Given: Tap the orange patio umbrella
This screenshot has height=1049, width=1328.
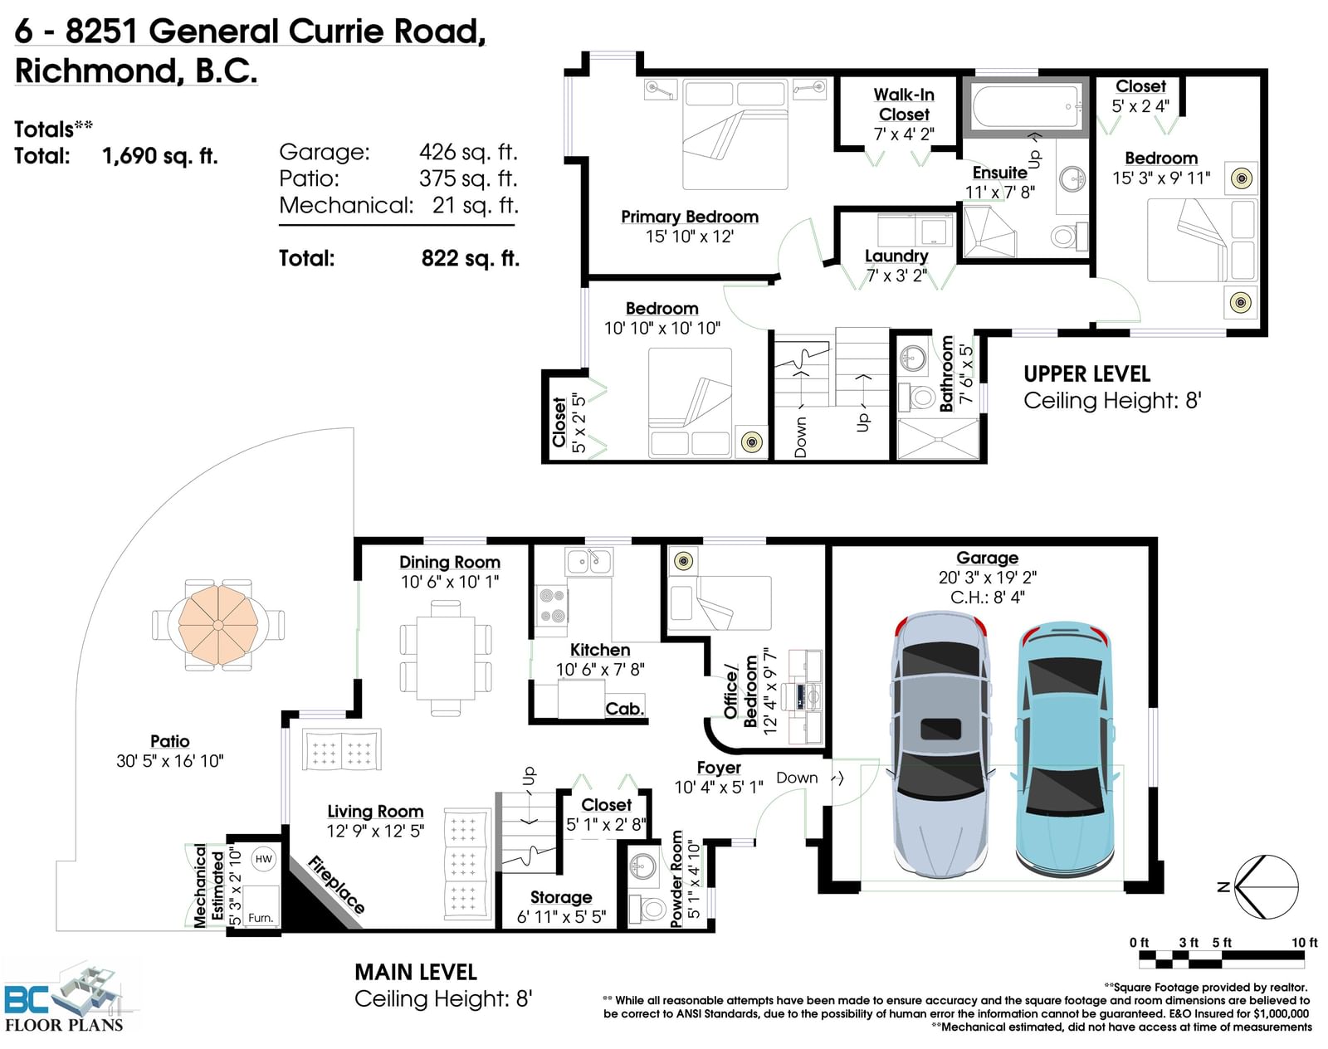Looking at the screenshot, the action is tap(217, 625).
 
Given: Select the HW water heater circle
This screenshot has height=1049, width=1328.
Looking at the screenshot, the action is tap(263, 858).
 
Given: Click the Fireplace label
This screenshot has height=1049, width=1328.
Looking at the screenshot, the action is tap(336, 885).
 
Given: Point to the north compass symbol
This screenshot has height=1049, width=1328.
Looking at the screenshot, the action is tap(1265, 887).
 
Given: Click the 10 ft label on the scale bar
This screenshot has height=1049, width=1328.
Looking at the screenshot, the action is tap(1304, 942).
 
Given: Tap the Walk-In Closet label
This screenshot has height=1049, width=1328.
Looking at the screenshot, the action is tap(904, 105).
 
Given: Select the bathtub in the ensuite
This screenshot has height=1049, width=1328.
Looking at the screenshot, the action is tap(1026, 107).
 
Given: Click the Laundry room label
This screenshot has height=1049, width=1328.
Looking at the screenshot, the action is tap(896, 256).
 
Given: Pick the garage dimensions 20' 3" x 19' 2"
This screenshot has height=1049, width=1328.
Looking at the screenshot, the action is tap(988, 578).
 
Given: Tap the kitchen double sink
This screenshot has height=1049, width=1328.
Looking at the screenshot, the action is tap(588, 562).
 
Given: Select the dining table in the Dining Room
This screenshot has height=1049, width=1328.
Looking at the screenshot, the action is tap(446, 658).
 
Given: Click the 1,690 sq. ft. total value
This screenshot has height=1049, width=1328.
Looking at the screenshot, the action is tap(160, 155).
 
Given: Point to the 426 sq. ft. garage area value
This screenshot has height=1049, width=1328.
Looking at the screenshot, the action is tap(468, 152).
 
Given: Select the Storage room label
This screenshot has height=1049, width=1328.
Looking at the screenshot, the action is tap(561, 896).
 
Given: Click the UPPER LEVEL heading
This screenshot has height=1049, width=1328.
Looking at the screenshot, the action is tap(1086, 374).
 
